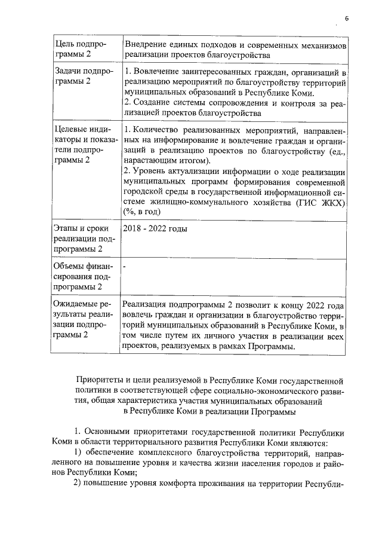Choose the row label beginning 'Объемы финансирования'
point(81,276)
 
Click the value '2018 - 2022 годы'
point(155,229)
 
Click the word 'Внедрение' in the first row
point(146,45)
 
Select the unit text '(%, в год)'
point(141,212)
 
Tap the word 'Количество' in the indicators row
point(156,130)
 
